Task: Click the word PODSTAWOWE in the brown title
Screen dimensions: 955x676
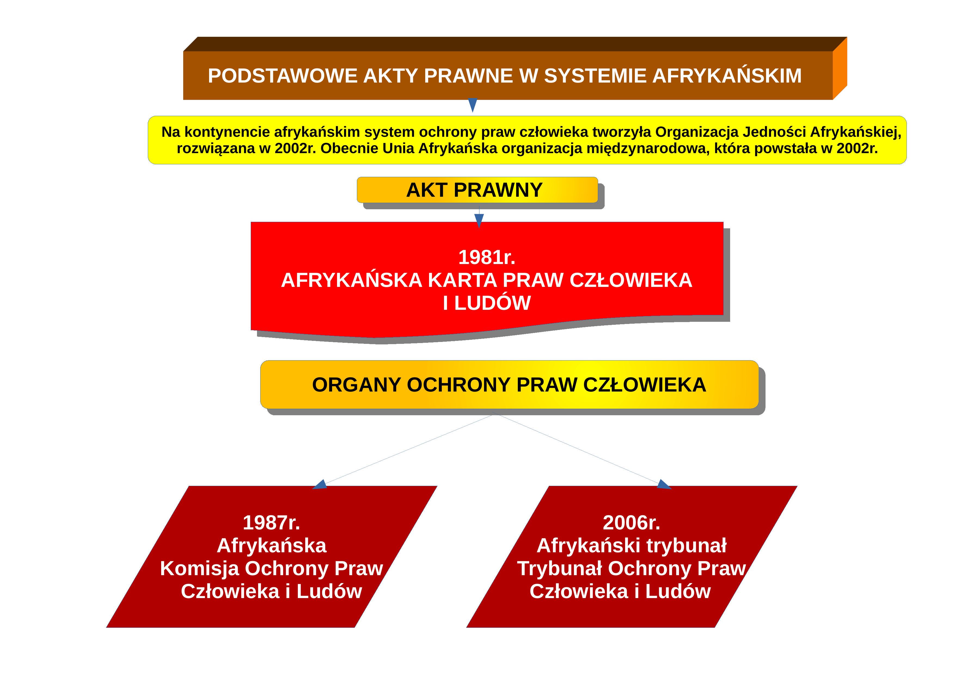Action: tap(283, 76)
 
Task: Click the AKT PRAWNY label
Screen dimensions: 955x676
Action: tap(474, 190)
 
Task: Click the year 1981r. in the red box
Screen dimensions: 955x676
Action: tap(487, 257)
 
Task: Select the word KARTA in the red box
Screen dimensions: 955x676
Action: tap(462, 280)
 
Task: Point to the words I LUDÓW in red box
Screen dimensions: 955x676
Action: tap(487, 303)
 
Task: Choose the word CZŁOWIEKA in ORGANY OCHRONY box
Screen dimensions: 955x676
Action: tap(645, 385)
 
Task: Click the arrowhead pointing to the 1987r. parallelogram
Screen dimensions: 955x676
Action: tap(320, 484)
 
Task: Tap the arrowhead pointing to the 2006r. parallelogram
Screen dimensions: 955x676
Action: tap(664, 484)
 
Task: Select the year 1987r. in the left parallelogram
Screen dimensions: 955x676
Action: tap(271, 523)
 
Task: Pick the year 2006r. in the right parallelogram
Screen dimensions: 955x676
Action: tap(631, 523)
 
